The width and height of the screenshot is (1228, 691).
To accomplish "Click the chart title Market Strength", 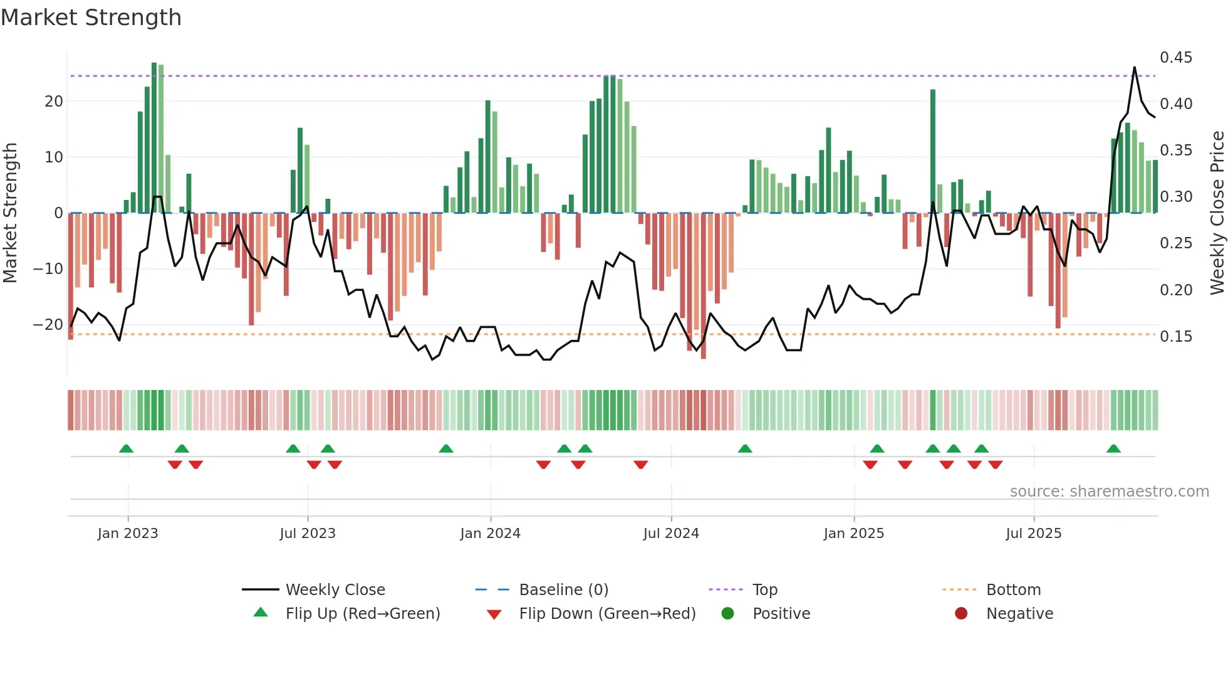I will [91, 18].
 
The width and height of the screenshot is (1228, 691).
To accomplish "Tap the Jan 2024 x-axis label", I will [490, 534].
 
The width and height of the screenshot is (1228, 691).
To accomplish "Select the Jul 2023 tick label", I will [308, 534].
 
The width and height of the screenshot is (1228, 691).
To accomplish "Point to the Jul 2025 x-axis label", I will [1034, 534].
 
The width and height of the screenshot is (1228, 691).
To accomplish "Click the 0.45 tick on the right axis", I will [1176, 58].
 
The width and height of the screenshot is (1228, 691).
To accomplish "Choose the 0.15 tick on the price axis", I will [1176, 337].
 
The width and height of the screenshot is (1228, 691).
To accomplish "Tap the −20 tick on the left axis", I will [48, 325].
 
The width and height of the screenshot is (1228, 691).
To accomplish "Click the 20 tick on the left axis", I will [54, 102].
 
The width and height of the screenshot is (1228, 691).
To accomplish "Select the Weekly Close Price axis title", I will [1217, 213].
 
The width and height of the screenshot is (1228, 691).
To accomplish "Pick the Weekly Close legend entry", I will [335, 590].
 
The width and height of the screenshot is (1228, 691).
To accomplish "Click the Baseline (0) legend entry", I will [563, 590].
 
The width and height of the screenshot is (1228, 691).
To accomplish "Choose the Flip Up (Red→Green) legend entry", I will [362, 614].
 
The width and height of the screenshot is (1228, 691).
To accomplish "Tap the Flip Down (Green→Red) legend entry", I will [606, 614].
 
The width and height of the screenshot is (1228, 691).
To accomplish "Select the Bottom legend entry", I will [1013, 590].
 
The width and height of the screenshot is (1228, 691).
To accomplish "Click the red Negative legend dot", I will [961, 614].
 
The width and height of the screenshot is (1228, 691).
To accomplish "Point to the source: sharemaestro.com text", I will [1109, 492].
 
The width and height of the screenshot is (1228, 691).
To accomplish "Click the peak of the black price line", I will [1134, 68].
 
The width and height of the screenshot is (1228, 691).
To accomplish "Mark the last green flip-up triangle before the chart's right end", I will [1113, 449].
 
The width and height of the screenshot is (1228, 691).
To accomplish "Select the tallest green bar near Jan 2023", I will [154, 138].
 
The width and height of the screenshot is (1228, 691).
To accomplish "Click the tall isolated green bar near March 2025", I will [933, 150].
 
